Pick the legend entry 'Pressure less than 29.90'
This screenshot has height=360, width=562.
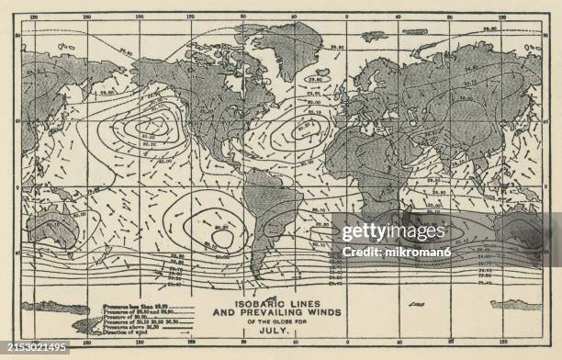(x=128, y=302)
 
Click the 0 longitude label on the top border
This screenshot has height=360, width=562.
(x=347, y=17)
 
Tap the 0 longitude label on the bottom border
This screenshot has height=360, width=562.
(x=347, y=342)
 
